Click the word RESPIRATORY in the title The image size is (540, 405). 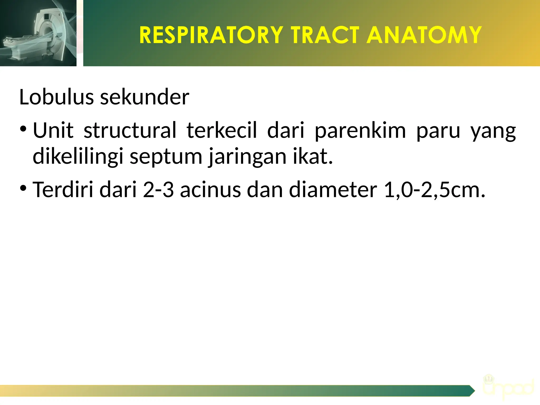click(x=211, y=35)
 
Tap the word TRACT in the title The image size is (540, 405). click(x=325, y=35)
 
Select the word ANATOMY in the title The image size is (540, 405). click(x=424, y=35)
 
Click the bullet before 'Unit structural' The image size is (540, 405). click(x=23, y=129)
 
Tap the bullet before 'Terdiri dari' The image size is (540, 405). click(x=23, y=188)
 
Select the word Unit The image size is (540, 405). click(x=53, y=130)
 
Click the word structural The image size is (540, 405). click(x=130, y=130)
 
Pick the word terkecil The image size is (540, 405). click(x=221, y=130)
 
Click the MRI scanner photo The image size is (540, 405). click(x=38, y=33)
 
